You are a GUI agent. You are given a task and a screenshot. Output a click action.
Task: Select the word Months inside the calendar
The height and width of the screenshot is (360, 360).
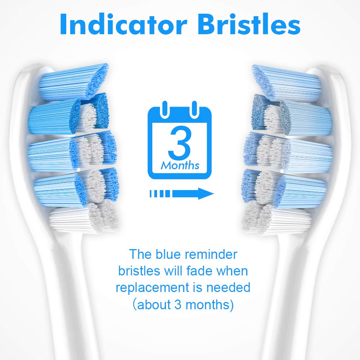pyautogui.click(x=180, y=166)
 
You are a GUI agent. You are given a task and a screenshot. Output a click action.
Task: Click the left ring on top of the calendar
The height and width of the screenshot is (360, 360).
pyautogui.click(x=165, y=108)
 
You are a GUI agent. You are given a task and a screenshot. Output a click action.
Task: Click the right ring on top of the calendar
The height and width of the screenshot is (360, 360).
pyautogui.click(x=194, y=108)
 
